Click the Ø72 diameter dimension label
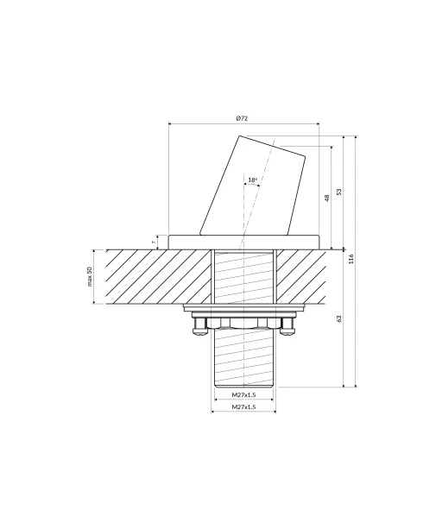(x=242, y=118)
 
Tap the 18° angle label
(x=252, y=179)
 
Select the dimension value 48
(x=326, y=198)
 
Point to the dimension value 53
(x=339, y=192)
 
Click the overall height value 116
(x=351, y=259)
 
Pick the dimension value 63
(x=339, y=318)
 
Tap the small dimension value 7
(x=154, y=242)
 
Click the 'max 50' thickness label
(x=90, y=277)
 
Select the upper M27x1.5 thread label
(x=243, y=394)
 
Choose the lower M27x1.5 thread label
(x=243, y=406)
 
